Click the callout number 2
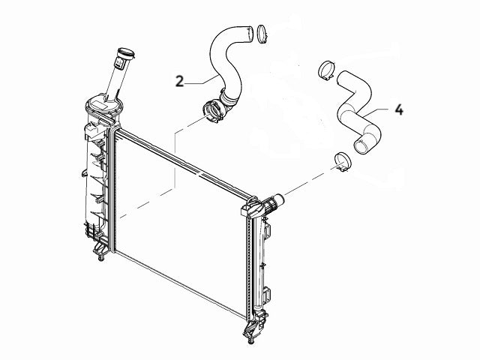pyautogui.click(x=179, y=81)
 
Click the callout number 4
pyautogui.click(x=399, y=109)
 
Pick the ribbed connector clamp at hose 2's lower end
pyautogui.click(x=211, y=111)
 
